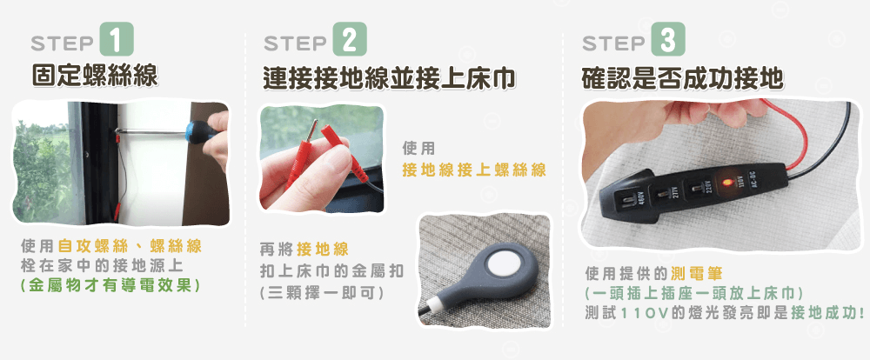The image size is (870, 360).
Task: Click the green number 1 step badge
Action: (x=116, y=39)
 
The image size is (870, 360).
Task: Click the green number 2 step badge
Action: (x=350, y=39)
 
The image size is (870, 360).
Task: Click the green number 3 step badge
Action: (x=667, y=39)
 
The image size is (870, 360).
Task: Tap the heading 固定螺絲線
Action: (x=95, y=76)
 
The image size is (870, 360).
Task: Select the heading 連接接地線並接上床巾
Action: (x=390, y=79)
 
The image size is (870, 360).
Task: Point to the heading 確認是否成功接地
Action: (x=682, y=79)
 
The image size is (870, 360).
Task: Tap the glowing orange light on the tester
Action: (x=724, y=183)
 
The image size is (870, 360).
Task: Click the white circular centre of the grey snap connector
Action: (x=503, y=266)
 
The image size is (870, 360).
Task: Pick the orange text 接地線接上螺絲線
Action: (x=474, y=170)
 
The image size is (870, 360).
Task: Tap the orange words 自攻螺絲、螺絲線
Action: (x=130, y=246)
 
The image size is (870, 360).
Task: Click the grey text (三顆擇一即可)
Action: (x=321, y=292)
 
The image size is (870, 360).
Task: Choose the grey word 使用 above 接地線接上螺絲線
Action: (x=418, y=149)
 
